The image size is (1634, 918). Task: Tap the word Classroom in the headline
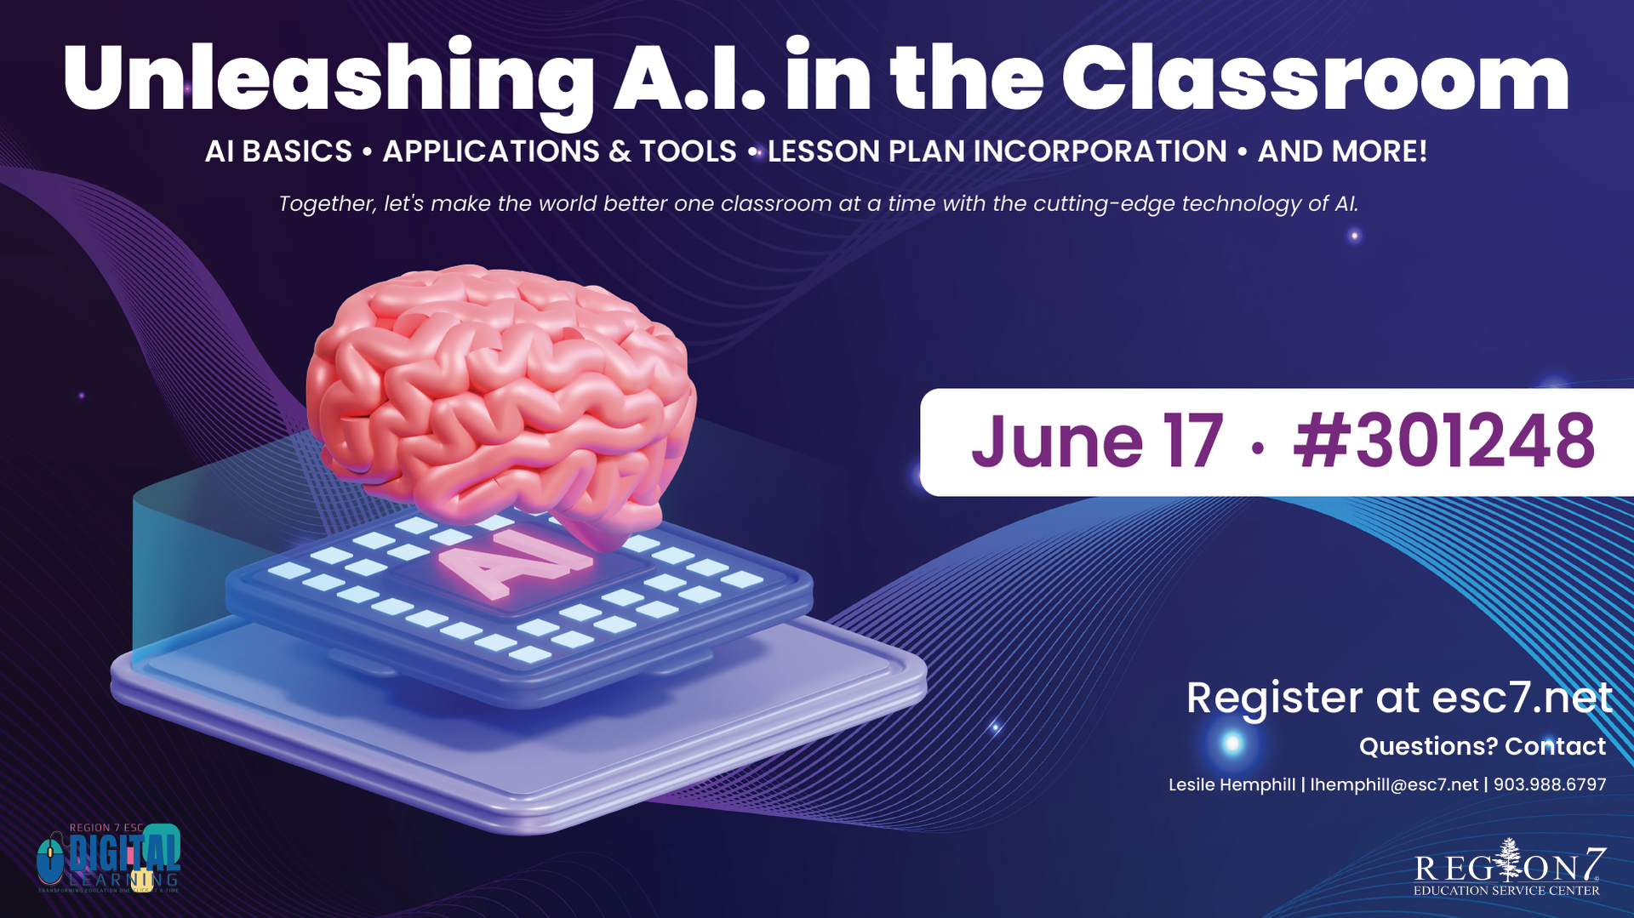pyautogui.click(x=1315, y=78)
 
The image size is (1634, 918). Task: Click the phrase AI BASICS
pyautogui.click(x=278, y=151)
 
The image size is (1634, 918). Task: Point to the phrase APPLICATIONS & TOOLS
pyautogui.click(x=559, y=151)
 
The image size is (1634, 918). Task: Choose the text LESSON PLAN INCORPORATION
pyautogui.click(x=997, y=151)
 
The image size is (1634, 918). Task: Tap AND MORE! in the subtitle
pyautogui.click(x=1342, y=151)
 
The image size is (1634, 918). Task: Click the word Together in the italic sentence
pyautogui.click(x=327, y=204)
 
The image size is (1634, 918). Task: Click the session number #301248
pyautogui.click(x=1443, y=442)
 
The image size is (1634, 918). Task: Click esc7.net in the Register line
pyautogui.click(x=1522, y=698)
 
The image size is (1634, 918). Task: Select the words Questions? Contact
pyautogui.click(x=1482, y=746)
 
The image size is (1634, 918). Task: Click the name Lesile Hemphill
pyautogui.click(x=1231, y=784)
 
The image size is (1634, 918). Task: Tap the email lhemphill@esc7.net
pyautogui.click(x=1394, y=784)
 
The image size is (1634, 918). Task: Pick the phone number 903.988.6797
pyautogui.click(x=1550, y=784)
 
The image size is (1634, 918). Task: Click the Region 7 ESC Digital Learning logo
pyautogui.click(x=109, y=858)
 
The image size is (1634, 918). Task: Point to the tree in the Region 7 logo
pyautogui.click(x=1510, y=859)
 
